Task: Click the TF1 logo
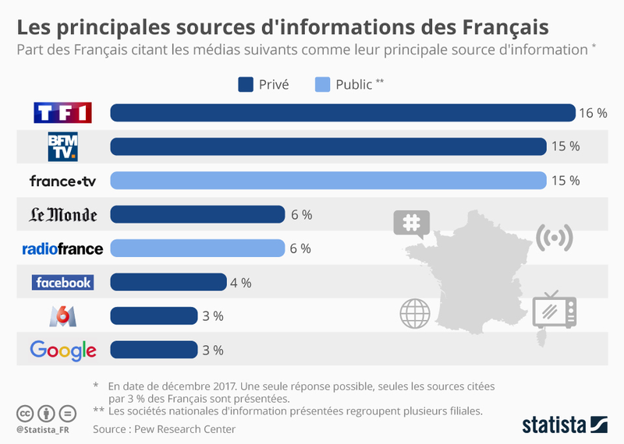pos(63,113)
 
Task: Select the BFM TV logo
pos(63,146)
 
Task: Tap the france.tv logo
pos(63,181)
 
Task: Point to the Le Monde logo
pos(63,215)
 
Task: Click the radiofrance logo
pos(63,248)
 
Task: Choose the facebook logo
pos(63,282)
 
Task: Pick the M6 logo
pos(63,315)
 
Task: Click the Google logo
pos(63,350)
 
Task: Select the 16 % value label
pos(593,113)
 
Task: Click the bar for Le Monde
pos(197,215)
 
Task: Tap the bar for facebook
pos(168,282)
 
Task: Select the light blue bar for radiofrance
pos(197,248)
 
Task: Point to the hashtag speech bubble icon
pos(411,224)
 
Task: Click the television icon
pos(554,311)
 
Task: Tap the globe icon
pos(415,313)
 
